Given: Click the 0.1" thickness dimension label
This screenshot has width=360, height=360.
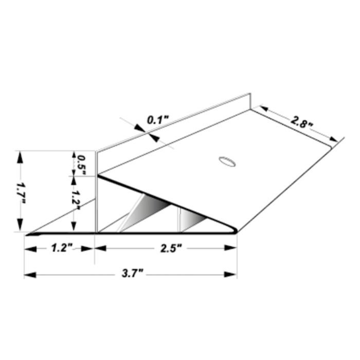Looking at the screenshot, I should tap(158, 120).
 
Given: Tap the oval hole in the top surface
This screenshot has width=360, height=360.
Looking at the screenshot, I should tap(227, 161).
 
